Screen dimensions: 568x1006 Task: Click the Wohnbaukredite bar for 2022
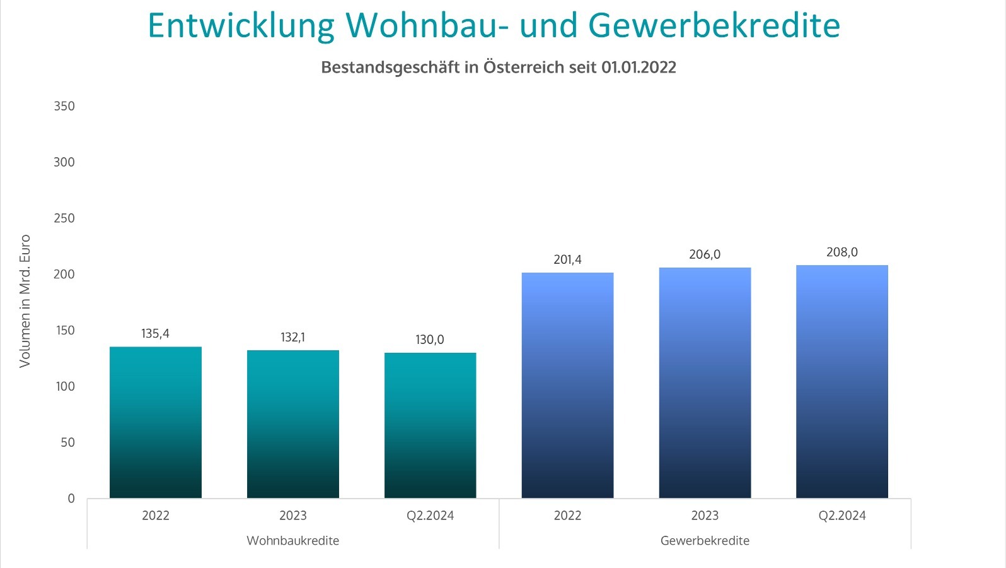click(156, 422)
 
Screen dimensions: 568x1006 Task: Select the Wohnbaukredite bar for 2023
click(293, 424)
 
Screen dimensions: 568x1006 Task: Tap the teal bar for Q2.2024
click(431, 425)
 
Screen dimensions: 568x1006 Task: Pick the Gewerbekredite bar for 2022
click(567, 385)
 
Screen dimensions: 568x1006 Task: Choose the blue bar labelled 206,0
click(705, 382)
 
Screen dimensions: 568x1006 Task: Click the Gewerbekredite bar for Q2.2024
click(842, 381)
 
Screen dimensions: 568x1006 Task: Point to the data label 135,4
click(155, 334)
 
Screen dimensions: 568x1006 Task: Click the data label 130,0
click(430, 340)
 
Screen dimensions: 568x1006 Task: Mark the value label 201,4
click(567, 259)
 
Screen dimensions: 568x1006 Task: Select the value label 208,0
click(842, 252)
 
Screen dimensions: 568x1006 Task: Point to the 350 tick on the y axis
click(64, 106)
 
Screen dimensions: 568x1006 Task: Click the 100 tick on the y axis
click(65, 386)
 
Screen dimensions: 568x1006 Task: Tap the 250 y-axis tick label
click(64, 218)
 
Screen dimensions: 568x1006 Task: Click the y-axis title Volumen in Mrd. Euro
click(25, 301)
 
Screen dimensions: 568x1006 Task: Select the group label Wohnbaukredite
click(293, 541)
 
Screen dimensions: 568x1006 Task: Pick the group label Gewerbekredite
click(705, 541)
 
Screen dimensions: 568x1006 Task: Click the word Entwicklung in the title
click(241, 26)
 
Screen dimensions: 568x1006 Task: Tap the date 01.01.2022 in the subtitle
click(639, 68)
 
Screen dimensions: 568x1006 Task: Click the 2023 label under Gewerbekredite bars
click(705, 516)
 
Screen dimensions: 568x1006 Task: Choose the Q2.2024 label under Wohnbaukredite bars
click(431, 516)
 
